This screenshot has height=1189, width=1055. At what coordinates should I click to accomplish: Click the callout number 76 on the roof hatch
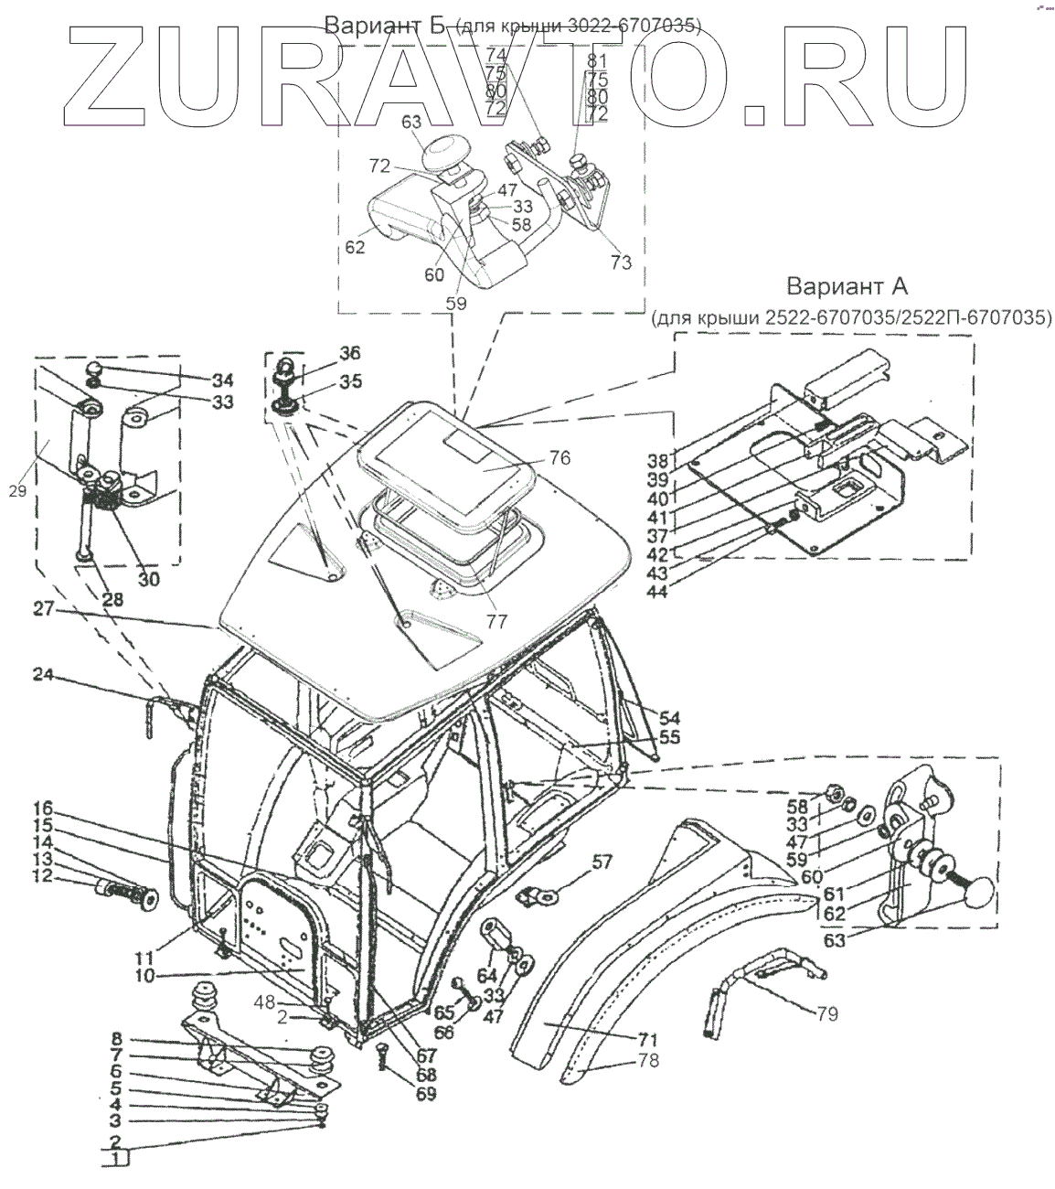559,457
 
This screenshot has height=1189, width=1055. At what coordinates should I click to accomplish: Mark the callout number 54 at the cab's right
670,718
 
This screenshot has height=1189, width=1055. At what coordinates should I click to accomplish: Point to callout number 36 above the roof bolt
325,354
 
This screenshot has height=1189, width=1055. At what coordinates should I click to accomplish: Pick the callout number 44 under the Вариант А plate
683,591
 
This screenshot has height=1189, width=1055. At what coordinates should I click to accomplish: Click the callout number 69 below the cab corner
426,1093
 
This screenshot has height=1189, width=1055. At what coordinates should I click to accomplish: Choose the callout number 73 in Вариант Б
621,262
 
